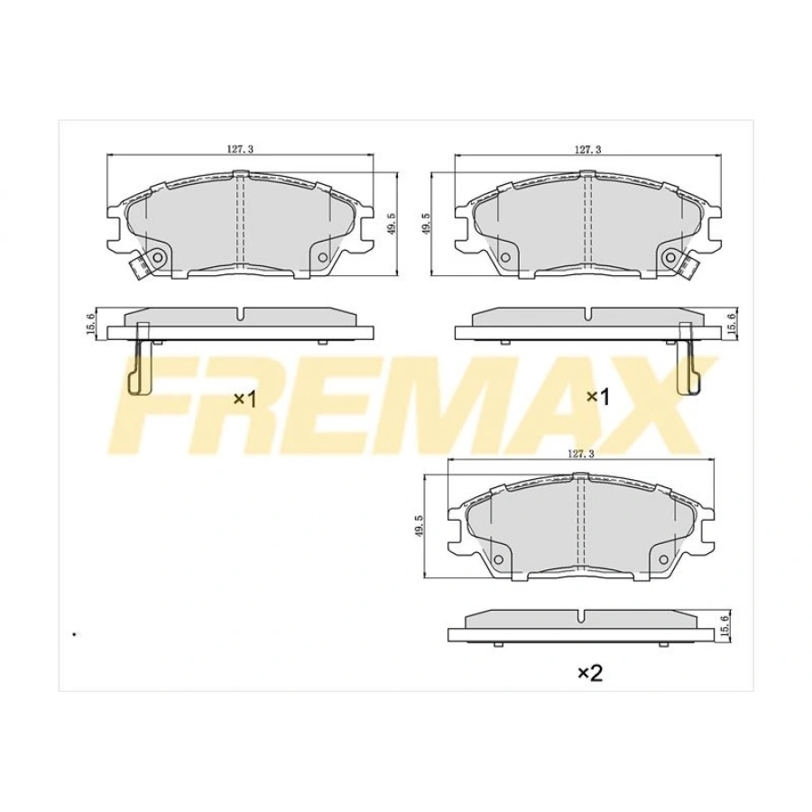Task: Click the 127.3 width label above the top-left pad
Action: [239, 150]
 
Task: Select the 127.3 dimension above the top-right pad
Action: [587, 150]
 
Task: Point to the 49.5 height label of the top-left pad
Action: [390, 224]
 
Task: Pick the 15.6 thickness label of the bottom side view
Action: [724, 625]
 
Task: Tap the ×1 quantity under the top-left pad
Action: [245, 398]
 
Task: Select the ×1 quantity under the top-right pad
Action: [598, 396]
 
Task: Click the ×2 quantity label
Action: [588, 672]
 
